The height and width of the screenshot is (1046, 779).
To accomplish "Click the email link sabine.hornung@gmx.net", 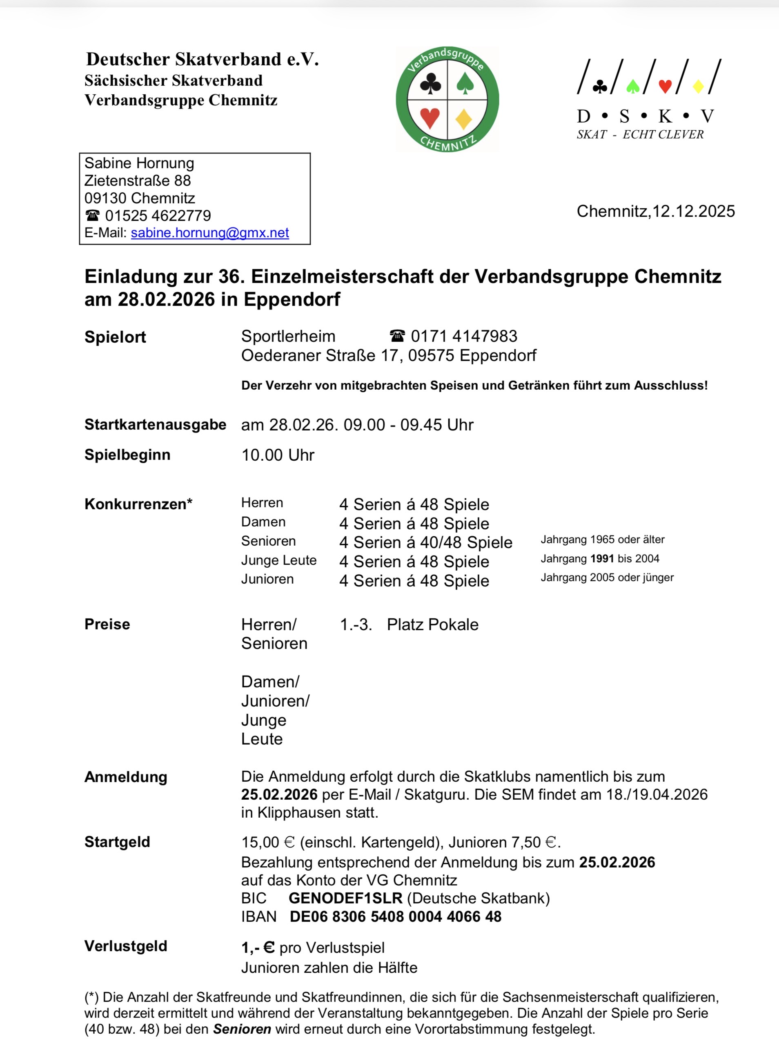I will click(210, 232).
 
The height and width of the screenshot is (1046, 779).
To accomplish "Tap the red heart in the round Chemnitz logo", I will click(430, 118).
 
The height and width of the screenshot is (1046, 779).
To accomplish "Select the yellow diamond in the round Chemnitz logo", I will click(464, 119).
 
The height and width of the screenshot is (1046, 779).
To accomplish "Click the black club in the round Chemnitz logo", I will click(430, 84).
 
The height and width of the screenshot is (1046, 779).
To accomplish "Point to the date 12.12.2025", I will click(693, 211).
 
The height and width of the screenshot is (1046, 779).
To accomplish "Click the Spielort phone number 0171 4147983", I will click(463, 336).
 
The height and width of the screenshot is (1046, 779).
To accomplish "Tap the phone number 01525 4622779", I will click(158, 216).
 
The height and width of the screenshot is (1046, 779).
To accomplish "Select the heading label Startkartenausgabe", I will click(155, 424).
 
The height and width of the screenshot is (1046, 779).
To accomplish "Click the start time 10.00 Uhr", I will click(278, 455).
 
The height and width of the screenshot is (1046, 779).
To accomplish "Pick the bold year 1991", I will click(602, 559).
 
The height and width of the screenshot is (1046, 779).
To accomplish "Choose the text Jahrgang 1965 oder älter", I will click(602, 540).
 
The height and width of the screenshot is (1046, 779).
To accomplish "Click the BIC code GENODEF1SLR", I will click(345, 899).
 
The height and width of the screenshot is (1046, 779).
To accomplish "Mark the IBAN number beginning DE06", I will click(395, 917).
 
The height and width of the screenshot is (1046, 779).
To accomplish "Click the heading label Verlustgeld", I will click(125, 946).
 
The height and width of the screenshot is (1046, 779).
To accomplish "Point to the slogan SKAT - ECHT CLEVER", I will click(639, 135).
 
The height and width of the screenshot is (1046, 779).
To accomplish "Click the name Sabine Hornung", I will click(139, 163).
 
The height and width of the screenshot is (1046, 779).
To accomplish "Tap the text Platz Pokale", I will click(432, 624).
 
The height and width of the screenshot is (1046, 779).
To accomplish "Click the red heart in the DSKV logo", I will click(665, 86).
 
